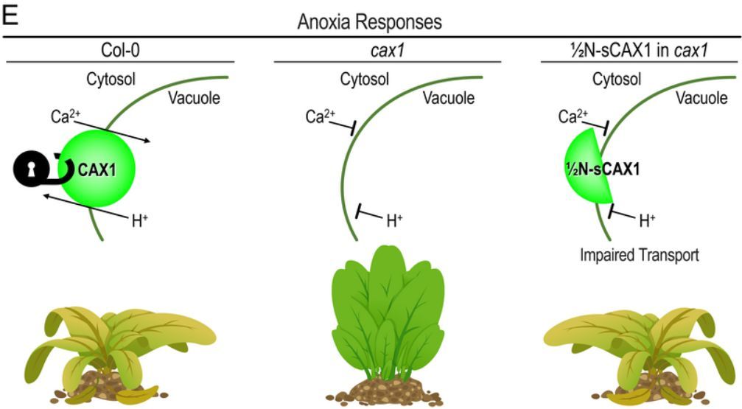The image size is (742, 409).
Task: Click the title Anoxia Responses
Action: pyautogui.click(x=370, y=22)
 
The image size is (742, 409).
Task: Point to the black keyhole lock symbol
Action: pyautogui.click(x=29, y=169)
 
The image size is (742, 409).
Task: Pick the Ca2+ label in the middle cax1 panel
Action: pyautogui.click(x=320, y=117)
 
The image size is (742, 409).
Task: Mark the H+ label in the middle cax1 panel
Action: pyautogui.click(x=395, y=219)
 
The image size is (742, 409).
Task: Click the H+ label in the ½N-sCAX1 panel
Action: pyautogui.click(x=648, y=219)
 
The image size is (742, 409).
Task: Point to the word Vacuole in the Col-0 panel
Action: pyautogui.click(x=195, y=97)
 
